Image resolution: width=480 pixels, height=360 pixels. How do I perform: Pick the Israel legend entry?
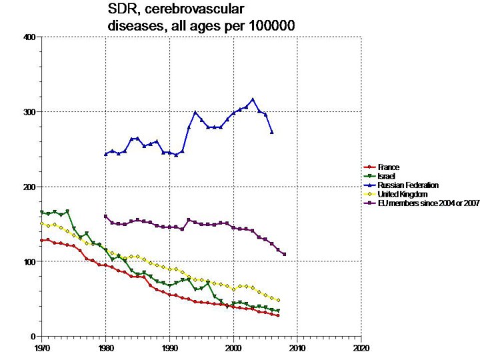[385, 175]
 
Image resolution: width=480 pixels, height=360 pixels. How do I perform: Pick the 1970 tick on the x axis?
[41, 347]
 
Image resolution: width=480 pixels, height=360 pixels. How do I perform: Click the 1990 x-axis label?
[169, 347]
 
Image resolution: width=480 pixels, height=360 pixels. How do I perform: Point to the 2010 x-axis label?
[297, 347]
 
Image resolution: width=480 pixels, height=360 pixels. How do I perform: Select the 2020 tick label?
[361, 347]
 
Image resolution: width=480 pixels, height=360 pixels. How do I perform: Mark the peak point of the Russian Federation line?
[253, 99]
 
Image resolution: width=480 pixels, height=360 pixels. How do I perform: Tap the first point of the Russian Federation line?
[105, 154]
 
